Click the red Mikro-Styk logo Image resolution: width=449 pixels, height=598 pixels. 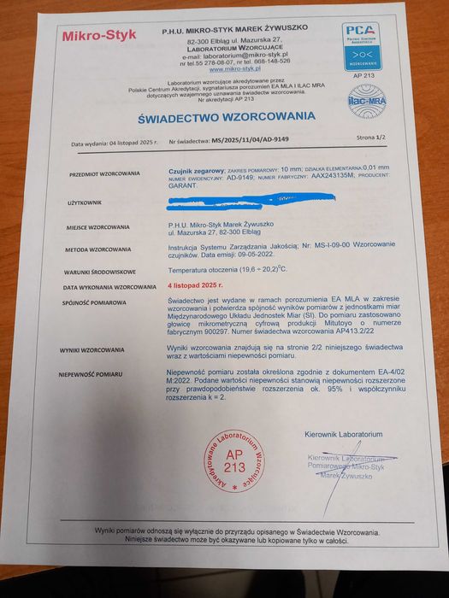point(99,36)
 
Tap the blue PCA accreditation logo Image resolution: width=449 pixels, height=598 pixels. point(361,46)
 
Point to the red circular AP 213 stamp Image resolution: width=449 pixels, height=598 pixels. point(233,461)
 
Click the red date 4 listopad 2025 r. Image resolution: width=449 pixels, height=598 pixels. point(195,288)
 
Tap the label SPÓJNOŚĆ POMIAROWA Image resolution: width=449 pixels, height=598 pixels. point(93,302)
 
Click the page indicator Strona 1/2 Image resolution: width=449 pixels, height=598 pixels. point(371,137)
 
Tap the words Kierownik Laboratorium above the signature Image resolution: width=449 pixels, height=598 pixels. point(343,435)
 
